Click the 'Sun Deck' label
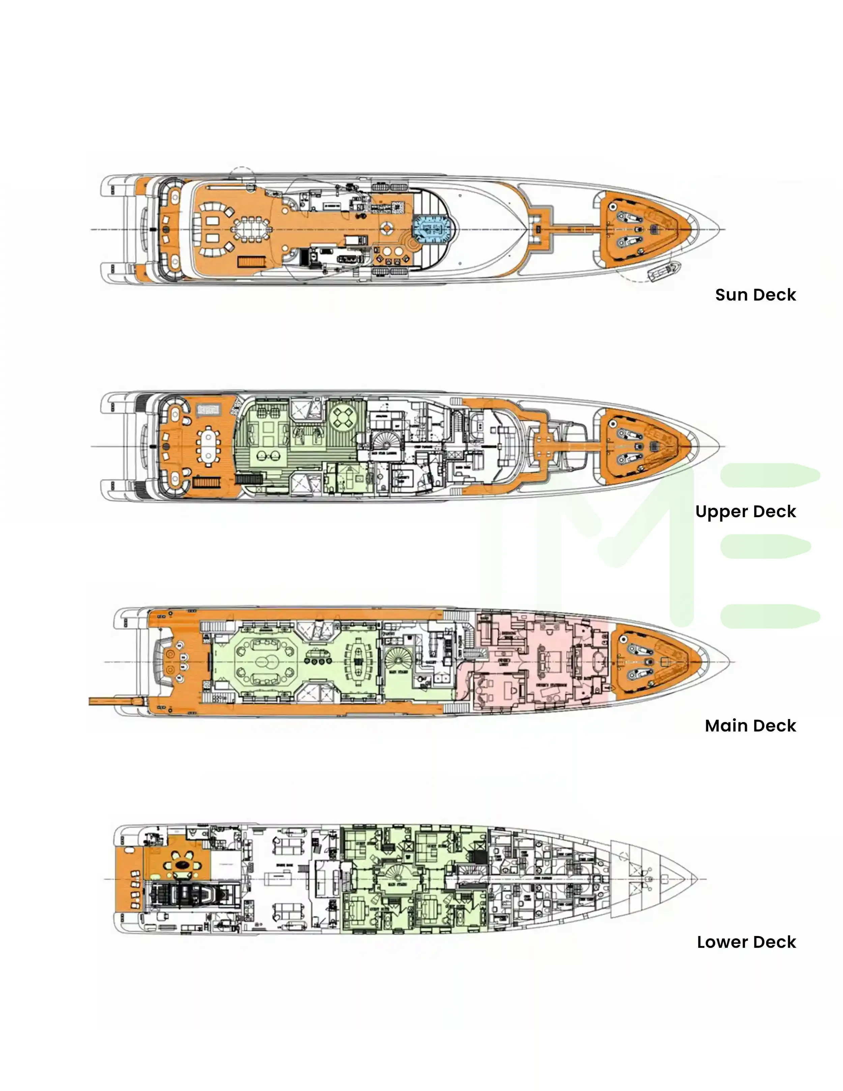[755, 295]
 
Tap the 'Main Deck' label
[750, 725]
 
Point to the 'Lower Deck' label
[746, 942]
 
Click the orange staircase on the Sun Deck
[248, 262]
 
